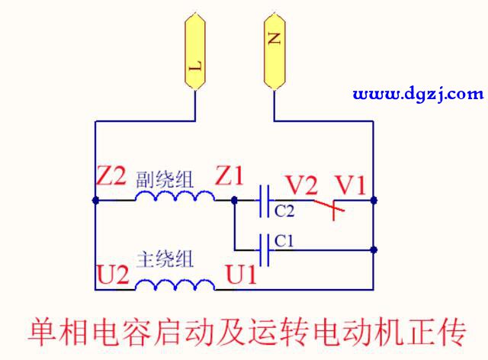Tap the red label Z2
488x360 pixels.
point(111,178)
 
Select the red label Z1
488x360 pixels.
point(230,177)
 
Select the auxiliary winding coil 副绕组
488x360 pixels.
point(175,197)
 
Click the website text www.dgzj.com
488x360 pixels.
point(418,95)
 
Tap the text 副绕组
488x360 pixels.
point(164,180)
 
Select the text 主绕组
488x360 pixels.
point(164,259)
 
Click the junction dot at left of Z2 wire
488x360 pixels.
point(95,201)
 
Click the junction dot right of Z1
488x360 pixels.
point(235,201)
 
